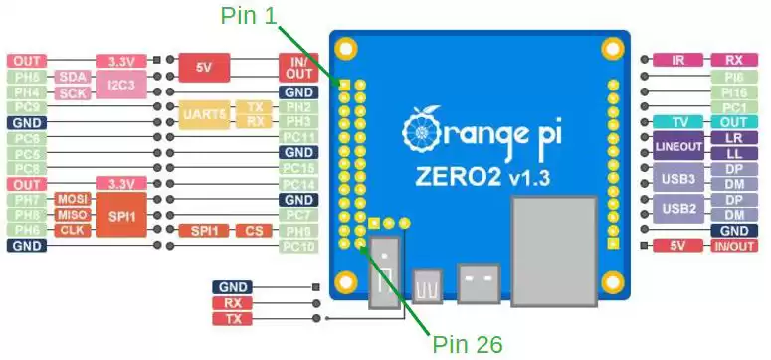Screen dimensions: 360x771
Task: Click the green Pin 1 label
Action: [x=249, y=14]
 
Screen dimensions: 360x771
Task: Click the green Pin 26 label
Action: [x=468, y=344]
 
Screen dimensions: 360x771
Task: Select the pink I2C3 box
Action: [x=120, y=85]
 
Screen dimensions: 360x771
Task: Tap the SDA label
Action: [x=72, y=77]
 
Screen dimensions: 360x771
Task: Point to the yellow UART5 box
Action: [x=205, y=114]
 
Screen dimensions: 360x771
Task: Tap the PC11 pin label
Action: [x=299, y=137]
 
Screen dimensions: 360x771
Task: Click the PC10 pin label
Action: [x=299, y=246]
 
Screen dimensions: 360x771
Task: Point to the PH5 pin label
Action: [x=27, y=77]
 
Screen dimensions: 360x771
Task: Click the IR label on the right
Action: [x=678, y=60]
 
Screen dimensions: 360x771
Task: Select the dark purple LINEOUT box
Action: [x=678, y=145]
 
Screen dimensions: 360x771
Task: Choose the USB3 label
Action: [x=678, y=177]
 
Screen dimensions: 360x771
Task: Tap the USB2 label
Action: [x=678, y=207]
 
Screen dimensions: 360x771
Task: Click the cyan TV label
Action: [x=678, y=122]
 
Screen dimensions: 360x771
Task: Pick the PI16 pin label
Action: [x=735, y=91]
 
